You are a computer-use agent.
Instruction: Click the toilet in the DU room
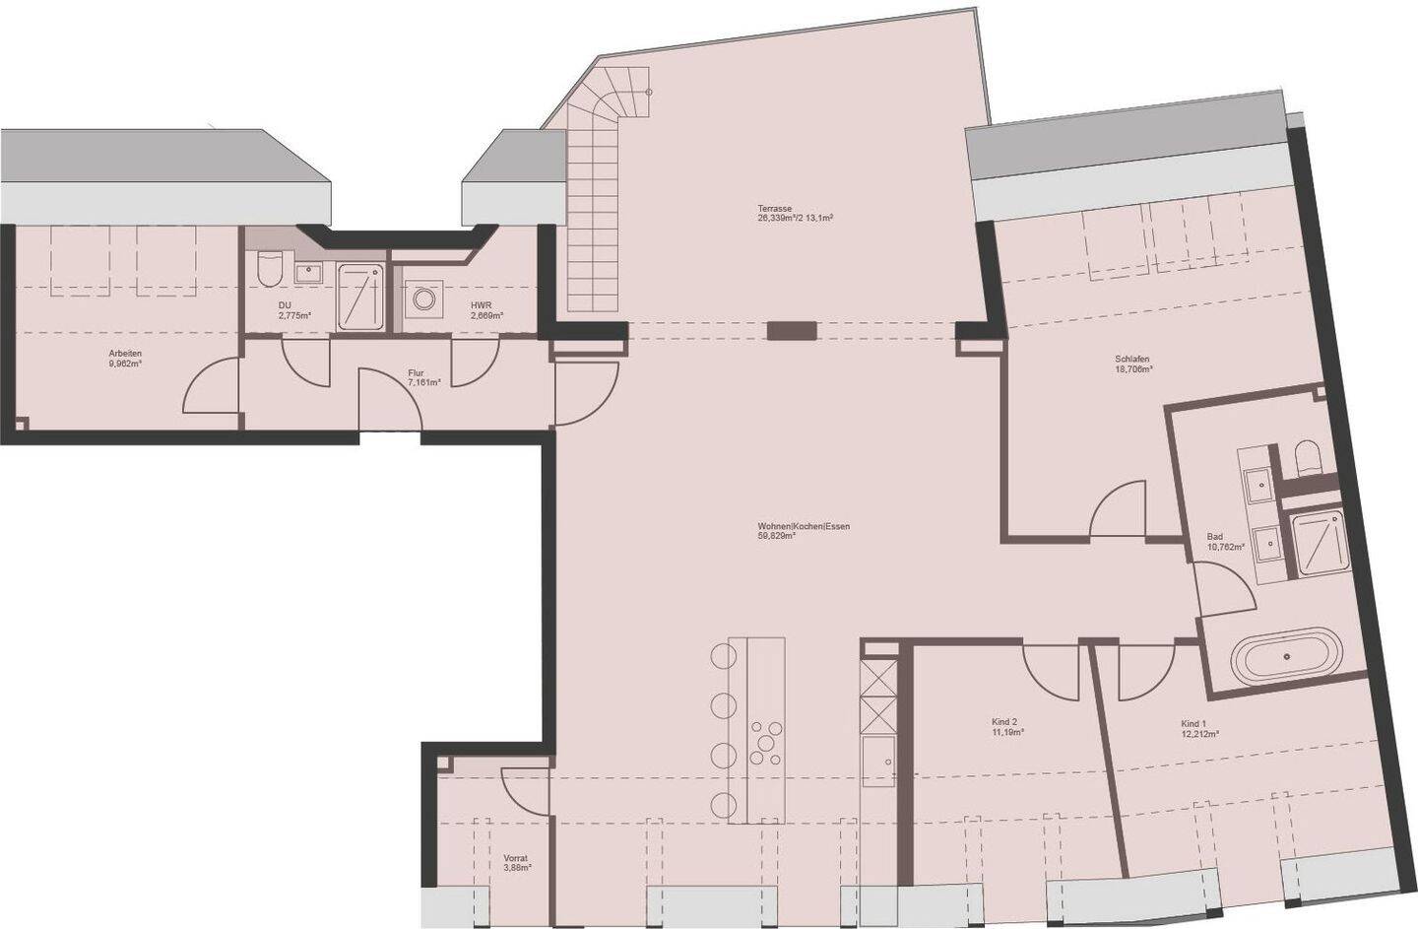268,268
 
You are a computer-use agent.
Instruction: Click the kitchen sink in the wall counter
876,756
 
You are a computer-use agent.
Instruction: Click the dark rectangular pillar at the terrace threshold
792,331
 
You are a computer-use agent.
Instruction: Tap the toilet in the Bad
1308,456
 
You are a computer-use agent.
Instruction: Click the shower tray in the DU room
362,296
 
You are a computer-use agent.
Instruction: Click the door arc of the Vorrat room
524,790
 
